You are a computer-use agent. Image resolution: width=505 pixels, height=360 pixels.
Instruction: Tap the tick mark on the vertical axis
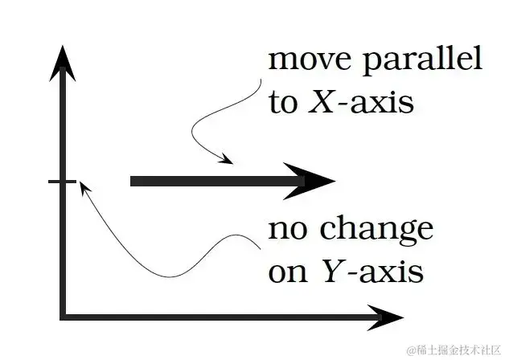(62, 182)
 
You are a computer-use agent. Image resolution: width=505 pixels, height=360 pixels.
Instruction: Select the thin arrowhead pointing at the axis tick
(83, 188)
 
